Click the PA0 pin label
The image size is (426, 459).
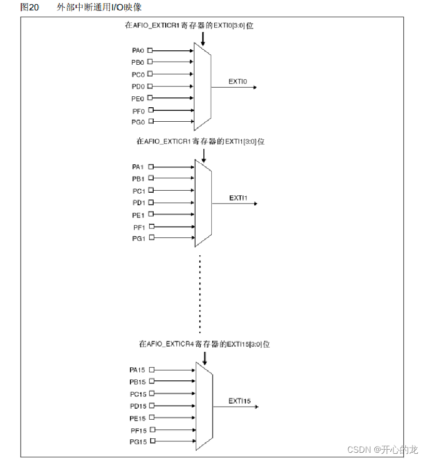pos(138,50)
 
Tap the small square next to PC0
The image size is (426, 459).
pos(150,74)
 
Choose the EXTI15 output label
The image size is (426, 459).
pos(240,401)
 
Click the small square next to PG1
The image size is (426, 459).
pos(151,238)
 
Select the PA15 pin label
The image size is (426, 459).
pos(138,370)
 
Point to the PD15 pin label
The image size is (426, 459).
pos(138,406)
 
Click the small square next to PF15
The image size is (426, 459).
pos(152,429)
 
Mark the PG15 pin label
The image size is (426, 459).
pos(138,441)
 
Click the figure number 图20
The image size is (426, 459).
pos(30,7)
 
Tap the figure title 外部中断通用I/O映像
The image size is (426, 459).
pos(99,7)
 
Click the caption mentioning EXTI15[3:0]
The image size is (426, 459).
pos(204,344)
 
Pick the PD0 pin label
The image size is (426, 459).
pos(138,86)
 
